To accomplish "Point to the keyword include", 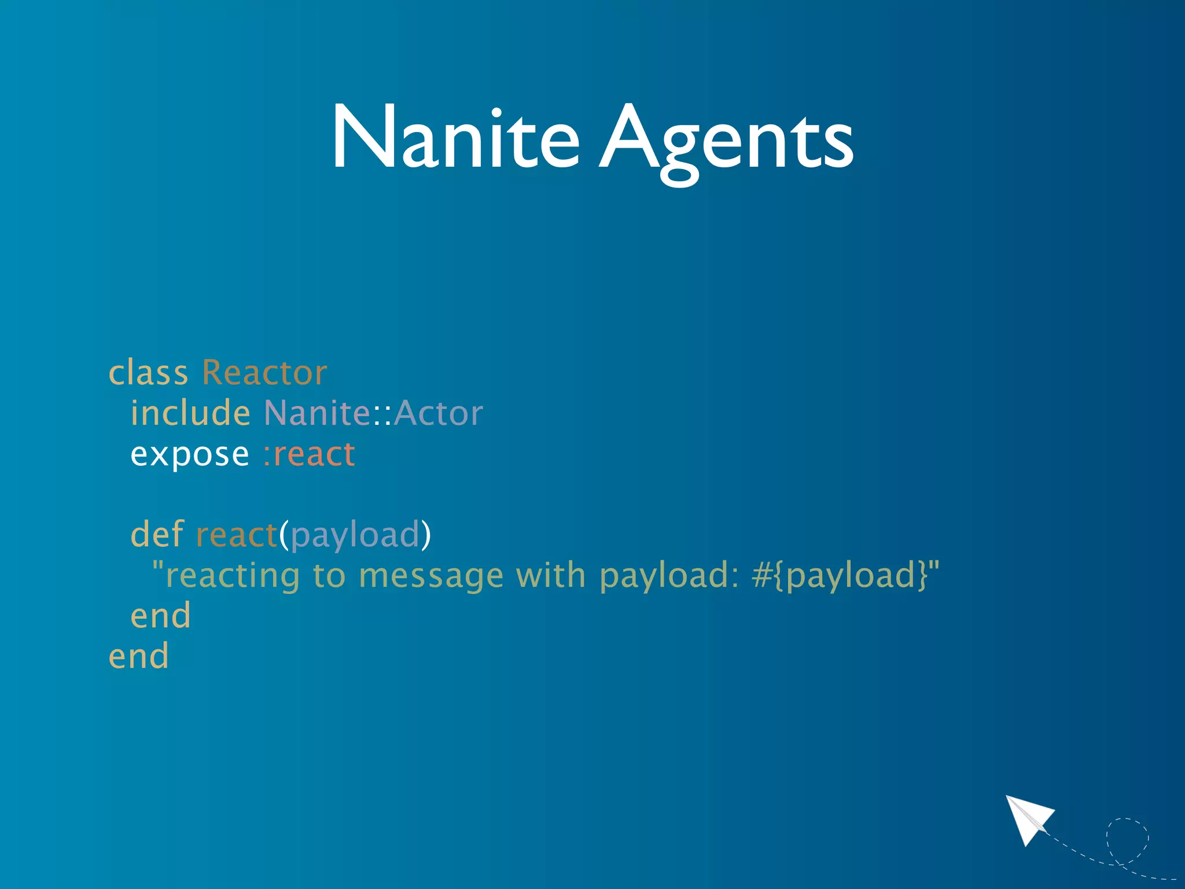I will (190, 413).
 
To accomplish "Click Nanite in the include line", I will (317, 413).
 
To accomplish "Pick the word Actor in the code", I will (439, 413).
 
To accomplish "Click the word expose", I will (190, 454).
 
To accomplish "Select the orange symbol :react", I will (308, 454).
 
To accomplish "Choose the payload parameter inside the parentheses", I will (355, 535).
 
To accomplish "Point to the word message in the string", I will (431, 576).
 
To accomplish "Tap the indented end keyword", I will (160, 615).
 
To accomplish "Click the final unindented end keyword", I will (139, 656).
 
